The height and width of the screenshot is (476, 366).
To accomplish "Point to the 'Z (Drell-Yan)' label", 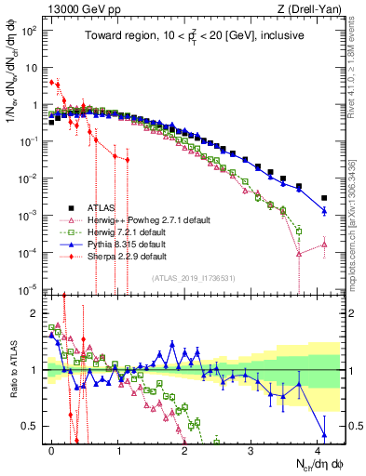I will pyautogui.click(x=316, y=8).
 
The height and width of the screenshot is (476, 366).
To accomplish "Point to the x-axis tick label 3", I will pyautogui.click(x=251, y=449).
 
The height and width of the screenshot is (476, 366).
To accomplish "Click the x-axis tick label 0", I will pyautogui.click(x=52, y=449).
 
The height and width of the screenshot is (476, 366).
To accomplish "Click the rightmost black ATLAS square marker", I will pyautogui.click(x=324, y=198).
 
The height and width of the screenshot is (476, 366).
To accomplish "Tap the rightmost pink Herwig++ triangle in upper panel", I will pyautogui.click(x=324, y=245).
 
